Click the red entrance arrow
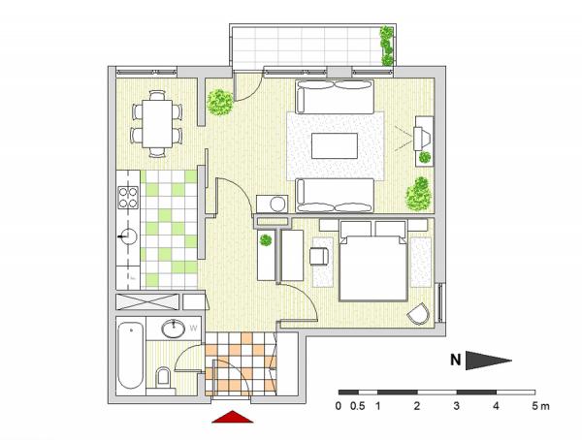click(x=233, y=417)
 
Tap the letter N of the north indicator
click(x=456, y=360)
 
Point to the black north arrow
click(x=488, y=361)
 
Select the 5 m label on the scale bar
click(x=540, y=406)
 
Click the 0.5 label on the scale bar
click(x=357, y=406)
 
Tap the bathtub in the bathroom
click(x=130, y=356)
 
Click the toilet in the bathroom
click(x=163, y=376)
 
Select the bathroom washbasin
click(x=174, y=329)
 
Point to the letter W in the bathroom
click(x=193, y=328)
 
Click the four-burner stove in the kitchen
click(x=128, y=197)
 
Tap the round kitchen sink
click(x=129, y=236)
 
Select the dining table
click(x=157, y=123)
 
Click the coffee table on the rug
click(x=335, y=145)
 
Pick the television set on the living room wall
click(x=422, y=139)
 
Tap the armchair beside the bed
click(x=319, y=257)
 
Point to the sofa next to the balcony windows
click(x=335, y=97)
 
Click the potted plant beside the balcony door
click(x=220, y=102)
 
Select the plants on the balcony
click(x=386, y=46)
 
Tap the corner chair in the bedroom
click(x=418, y=314)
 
